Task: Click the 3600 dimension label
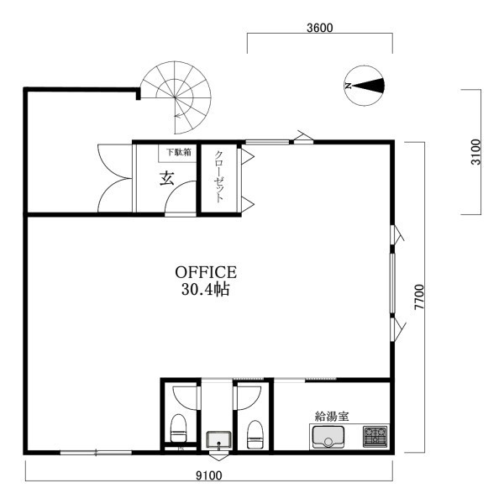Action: [x=319, y=28]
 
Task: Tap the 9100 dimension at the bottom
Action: [x=209, y=475]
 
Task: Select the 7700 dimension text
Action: [x=419, y=297]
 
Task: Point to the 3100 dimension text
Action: [x=475, y=152]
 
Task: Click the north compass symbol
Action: [x=365, y=86]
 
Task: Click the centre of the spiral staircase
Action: [x=176, y=97]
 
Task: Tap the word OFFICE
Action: [x=206, y=272]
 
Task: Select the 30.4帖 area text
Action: [x=206, y=289]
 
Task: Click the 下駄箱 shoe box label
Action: [x=178, y=152]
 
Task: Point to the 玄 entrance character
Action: [x=167, y=178]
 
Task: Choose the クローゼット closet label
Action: [x=219, y=176]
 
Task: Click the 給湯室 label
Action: [x=332, y=417]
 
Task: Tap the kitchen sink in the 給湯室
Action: [x=328, y=437]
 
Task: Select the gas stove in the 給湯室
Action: [x=375, y=437]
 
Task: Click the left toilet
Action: [x=178, y=428]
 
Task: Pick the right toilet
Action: [x=255, y=434]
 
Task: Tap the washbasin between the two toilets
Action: [x=218, y=440]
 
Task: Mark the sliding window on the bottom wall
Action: [x=96, y=453]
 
